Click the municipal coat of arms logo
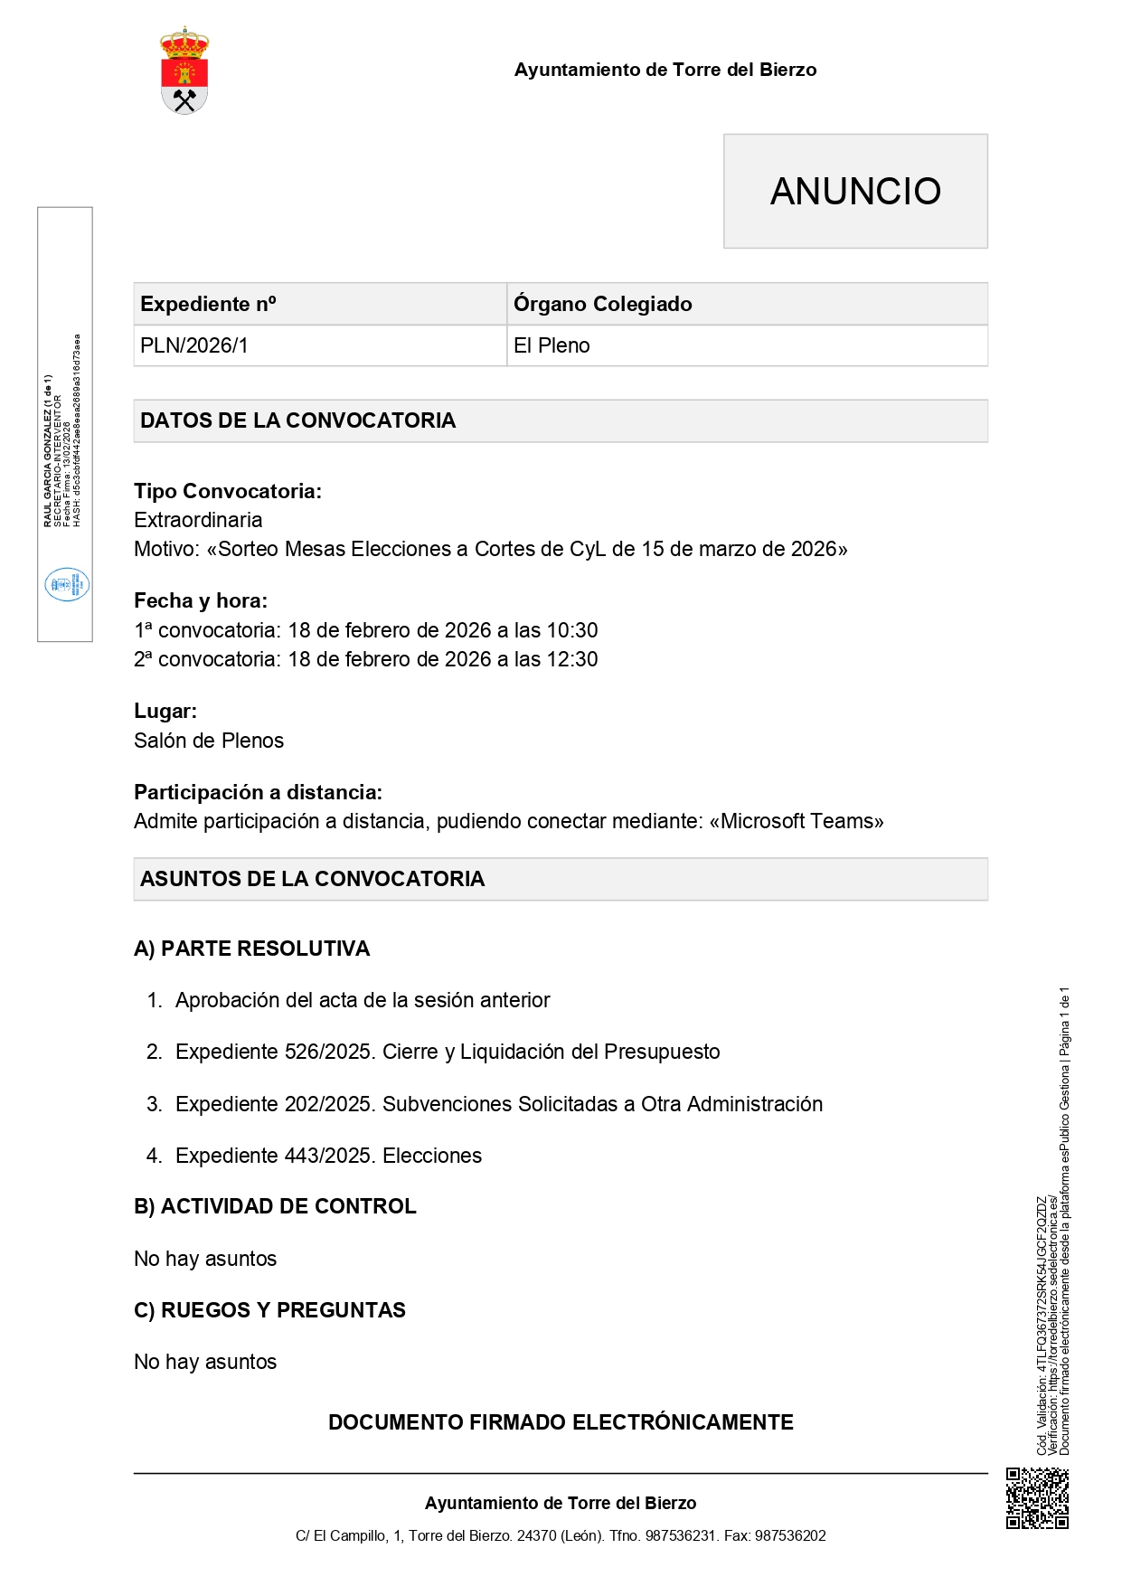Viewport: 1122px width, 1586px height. tap(184, 71)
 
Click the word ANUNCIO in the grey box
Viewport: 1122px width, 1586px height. tap(855, 192)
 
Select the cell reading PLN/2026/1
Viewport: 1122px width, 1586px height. tap(194, 345)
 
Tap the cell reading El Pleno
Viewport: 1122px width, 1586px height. tap(552, 345)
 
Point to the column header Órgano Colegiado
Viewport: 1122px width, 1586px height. tap(603, 304)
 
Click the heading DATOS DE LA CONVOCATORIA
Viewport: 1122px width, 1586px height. tap(298, 420)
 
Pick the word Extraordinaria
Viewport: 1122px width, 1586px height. tap(198, 520)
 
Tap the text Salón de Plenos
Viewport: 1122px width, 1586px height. tap(209, 741)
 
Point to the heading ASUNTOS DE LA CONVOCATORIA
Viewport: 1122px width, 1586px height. tap(313, 879)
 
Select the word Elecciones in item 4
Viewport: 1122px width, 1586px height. tap(432, 1156)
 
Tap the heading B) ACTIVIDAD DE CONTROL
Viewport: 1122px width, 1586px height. tap(275, 1206)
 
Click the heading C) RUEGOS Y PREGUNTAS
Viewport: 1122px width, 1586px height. tap(269, 1310)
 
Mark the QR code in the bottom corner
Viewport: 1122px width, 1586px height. tap(1037, 1498)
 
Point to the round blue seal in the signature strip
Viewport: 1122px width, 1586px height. tap(67, 584)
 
